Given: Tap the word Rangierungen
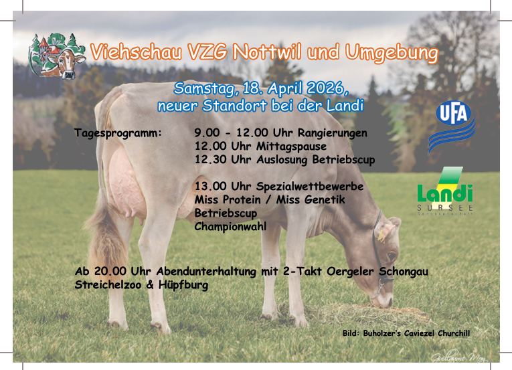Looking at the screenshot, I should point(333,133).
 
